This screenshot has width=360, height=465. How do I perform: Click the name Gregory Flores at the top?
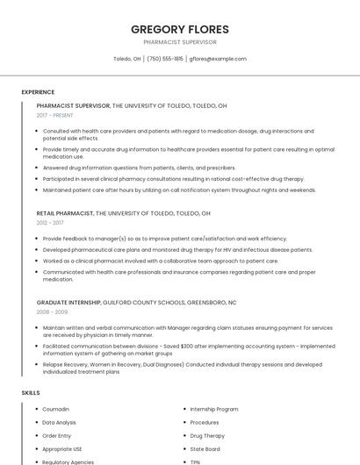coord(180,29)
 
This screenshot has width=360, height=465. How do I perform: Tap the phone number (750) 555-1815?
coord(165,59)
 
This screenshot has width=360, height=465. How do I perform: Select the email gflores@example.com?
coord(219,59)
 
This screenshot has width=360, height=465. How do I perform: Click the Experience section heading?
coord(38,92)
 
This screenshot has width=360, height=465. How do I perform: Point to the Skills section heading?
coord(31,392)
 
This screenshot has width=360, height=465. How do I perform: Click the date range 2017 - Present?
coord(55,115)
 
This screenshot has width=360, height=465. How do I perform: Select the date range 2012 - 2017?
coord(50,223)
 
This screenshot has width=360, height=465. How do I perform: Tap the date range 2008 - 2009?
coord(52,311)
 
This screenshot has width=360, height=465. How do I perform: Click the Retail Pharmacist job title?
coord(65,213)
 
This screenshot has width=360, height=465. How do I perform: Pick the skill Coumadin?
coord(55,409)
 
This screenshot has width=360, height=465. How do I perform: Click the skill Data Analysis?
coord(59,422)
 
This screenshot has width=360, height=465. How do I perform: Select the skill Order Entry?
coord(56,435)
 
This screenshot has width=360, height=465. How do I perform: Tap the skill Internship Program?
coord(214,409)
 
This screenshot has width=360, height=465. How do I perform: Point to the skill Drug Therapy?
coord(207,435)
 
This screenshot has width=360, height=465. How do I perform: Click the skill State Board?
coord(205,448)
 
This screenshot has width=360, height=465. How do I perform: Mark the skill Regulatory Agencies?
coord(68,461)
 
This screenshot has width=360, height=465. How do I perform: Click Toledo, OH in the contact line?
coord(127,59)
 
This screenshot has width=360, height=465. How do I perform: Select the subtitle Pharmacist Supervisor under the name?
coord(180,42)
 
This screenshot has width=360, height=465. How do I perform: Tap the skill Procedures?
coord(205,422)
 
